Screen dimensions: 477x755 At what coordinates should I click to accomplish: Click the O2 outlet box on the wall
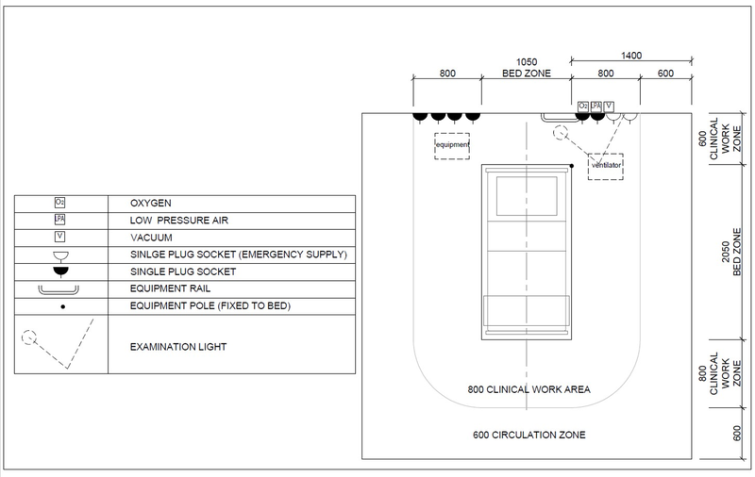pos(582,106)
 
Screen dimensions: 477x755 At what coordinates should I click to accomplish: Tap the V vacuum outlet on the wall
pos(609,106)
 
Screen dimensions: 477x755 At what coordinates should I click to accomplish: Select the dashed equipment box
pos(452,146)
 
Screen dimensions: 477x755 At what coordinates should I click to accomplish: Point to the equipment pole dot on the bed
pos(573,166)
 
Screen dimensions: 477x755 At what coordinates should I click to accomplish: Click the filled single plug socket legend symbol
pos(60,271)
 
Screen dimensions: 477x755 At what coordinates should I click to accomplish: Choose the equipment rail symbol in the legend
pos(60,289)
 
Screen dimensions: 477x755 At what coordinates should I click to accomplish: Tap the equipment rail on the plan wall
pos(558,117)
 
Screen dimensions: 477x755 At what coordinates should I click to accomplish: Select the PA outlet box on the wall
pos(596,106)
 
